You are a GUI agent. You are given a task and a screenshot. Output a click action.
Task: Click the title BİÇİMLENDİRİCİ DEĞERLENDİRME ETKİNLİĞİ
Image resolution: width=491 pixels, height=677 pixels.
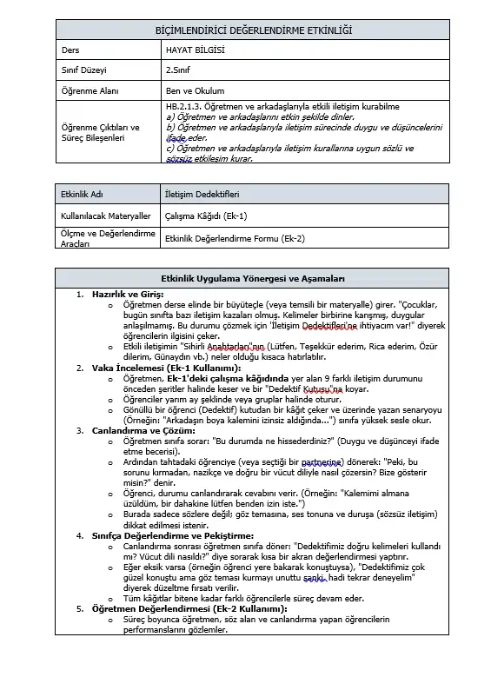click(x=253, y=31)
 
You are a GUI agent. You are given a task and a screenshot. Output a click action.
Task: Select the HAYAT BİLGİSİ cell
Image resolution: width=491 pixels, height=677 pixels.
click(x=195, y=50)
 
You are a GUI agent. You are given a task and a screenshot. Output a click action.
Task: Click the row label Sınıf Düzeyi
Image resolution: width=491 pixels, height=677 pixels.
click(x=83, y=70)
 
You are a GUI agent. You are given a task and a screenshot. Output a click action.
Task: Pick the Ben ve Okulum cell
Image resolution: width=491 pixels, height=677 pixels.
click(x=195, y=90)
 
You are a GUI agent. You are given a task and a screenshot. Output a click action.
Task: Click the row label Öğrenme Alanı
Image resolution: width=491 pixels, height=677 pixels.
click(x=88, y=90)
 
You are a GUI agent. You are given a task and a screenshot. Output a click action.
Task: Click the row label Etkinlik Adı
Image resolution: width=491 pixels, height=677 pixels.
click(x=82, y=196)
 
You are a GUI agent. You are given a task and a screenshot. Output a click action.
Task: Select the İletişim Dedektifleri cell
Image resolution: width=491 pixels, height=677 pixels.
click(x=202, y=196)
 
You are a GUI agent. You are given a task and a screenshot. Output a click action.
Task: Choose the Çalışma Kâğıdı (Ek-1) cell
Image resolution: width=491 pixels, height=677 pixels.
click(x=206, y=216)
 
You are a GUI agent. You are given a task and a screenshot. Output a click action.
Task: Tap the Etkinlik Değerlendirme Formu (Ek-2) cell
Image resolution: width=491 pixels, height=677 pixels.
click(x=234, y=237)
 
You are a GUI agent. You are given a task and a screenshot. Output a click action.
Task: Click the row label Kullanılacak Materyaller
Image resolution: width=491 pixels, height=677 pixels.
click(x=105, y=216)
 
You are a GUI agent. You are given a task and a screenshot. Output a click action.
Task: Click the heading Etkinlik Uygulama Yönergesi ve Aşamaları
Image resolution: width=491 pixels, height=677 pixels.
click(x=253, y=278)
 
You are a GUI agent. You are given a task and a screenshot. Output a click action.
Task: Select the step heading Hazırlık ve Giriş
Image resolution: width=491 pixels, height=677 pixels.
click(x=128, y=295)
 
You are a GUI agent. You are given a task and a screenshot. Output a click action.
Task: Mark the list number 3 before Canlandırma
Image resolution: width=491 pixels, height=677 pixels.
click(x=80, y=429)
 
